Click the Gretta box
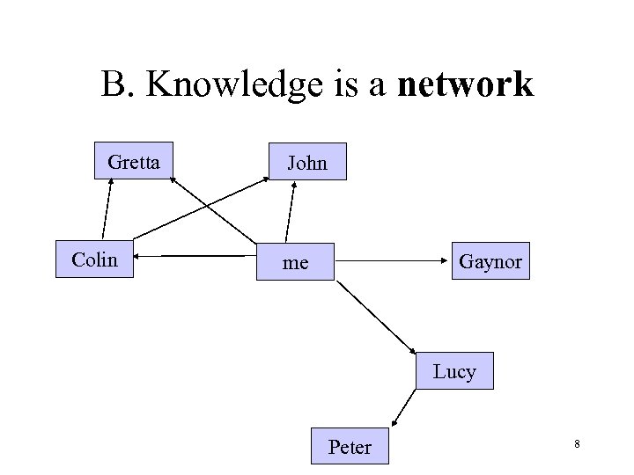click(134, 162)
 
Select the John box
click(307, 162)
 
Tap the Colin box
click(94, 259)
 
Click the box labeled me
click(295, 261)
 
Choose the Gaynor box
click(490, 261)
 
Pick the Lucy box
click(454, 371)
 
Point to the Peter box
click(350, 447)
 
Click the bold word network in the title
click(466, 85)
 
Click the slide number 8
click(577, 445)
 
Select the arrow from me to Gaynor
click(392, 260)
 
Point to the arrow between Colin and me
click(194, 257)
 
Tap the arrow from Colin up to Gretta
click(107, 208)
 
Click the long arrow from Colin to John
click(203, 208)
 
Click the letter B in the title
click(113, 85)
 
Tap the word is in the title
click(337, 85)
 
